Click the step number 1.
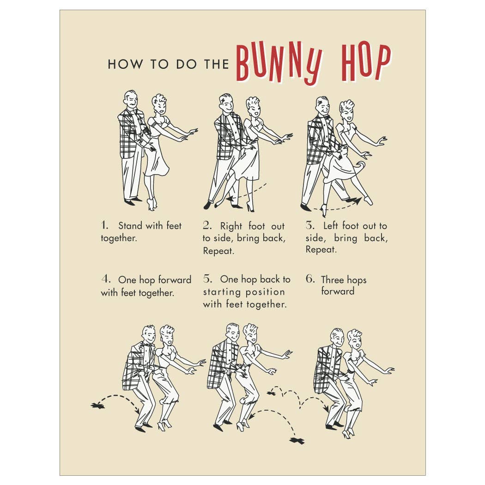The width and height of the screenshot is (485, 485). point(105,225)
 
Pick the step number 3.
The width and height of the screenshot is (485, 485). point(310,225)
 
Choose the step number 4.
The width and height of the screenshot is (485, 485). point(106,279)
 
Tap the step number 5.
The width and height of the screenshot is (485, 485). point(207,279)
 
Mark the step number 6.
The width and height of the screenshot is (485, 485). point(310,279)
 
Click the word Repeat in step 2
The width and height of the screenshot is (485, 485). point(218,251)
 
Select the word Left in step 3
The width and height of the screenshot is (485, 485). point(331,226)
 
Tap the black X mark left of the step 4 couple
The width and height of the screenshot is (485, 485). point(98,405)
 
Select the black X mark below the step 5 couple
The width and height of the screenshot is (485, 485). point(297,441)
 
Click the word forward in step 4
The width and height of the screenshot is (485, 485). point(175,280)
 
